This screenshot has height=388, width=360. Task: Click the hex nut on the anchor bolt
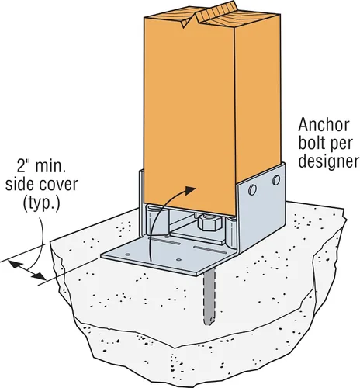pos(209,223)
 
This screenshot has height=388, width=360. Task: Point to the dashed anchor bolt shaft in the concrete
pos(209,297)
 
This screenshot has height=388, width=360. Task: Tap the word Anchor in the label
pos(324,125)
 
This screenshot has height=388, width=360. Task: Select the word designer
pos(329,161)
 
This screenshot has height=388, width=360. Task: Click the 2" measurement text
pos(23,166)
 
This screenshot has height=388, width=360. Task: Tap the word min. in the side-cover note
pos(50,166)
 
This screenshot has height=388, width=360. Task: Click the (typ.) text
pos(42,203)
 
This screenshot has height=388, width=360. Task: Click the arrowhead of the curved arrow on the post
pos(190,190)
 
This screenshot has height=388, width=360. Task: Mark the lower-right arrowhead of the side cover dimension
pos(40,276)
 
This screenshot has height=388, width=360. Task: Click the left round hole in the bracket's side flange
pos(252,189)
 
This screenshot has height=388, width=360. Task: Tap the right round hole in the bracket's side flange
pos(276,180)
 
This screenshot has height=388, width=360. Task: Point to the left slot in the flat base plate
pos(166,241)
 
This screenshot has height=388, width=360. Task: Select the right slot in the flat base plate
pos(210,250)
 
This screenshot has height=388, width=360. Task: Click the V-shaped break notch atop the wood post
pos(189,20)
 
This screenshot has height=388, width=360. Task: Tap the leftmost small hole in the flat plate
pos(127,255)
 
